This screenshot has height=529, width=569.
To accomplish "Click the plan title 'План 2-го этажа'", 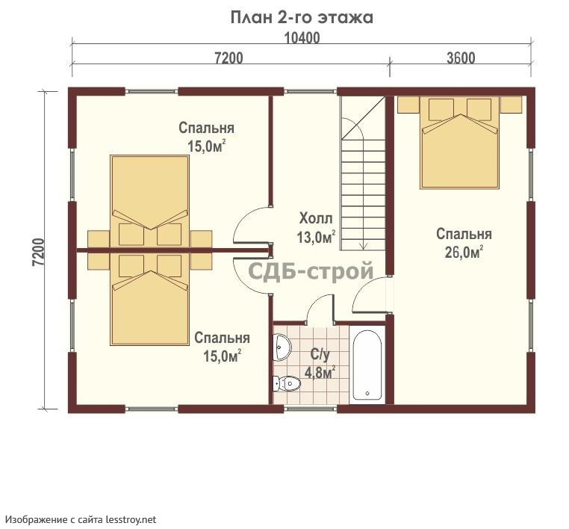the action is pos(302,17).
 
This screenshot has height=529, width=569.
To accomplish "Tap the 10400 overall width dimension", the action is pos(302,38).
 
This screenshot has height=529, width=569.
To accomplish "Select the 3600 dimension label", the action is pos(461,58).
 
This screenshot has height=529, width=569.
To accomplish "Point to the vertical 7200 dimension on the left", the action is pos(39,252).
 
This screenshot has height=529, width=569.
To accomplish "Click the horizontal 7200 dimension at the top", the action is pos(228,58).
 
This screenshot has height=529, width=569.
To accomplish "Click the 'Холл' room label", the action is pos(316,219).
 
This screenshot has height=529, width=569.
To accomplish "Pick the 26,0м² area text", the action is pos(464,252).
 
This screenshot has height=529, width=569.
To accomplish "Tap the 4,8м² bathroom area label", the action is pos(320,372).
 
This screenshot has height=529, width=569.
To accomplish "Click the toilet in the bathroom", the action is pos(287,383).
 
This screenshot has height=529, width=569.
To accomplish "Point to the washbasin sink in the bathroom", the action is pos(282,347).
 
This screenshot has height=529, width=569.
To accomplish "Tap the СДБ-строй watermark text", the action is pos(311,271).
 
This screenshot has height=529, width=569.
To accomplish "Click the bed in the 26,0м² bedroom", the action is pos(459,142).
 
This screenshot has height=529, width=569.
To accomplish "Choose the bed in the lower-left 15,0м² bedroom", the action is pos(150,299).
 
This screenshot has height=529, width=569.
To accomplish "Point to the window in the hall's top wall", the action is pos(311,91).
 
